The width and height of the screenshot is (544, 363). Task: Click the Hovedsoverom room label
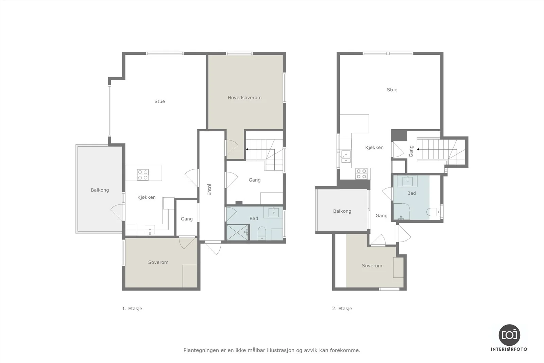244,98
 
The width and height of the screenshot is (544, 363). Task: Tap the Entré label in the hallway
209,189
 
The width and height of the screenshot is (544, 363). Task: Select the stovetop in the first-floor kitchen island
143,175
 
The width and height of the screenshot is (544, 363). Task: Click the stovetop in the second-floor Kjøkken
361,174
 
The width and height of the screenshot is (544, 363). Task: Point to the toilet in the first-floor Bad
261,233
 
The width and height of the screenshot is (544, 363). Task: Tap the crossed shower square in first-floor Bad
237,232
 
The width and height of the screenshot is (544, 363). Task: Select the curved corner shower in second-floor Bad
402,211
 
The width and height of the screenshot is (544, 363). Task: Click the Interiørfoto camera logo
509,335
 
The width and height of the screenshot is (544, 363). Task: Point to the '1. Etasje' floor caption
132,309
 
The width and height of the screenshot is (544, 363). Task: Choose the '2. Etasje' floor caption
342,309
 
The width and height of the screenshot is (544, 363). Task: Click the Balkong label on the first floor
100,190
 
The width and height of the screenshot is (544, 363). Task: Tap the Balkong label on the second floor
342,211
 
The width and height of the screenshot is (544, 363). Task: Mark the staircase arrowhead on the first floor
247,149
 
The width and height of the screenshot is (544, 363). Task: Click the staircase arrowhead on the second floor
418,149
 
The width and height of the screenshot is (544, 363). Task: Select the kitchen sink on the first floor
150,230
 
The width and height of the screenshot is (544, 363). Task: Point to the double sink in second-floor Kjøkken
346,156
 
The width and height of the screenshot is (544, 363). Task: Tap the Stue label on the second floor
392,90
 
